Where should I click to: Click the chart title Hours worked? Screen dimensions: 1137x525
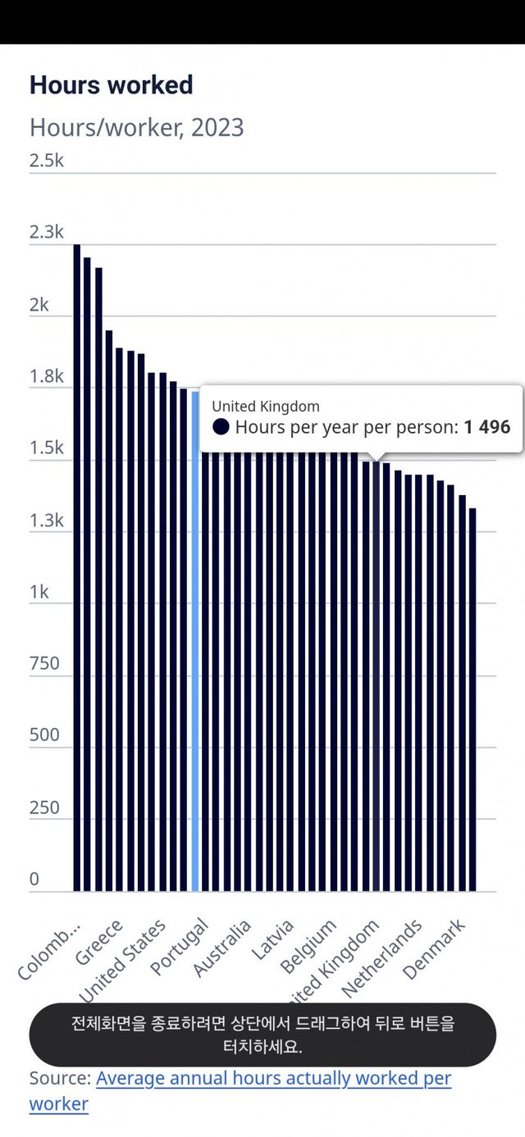pyautogui.click(x=111, y=85)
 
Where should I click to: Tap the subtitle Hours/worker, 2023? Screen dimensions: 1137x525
pyautogui.click(x=136, y=128)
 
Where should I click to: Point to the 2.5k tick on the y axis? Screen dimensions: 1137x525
pyautogui.click(x=46, y=161)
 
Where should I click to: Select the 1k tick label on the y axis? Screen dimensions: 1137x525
pyautogui.click(x=39, y=592)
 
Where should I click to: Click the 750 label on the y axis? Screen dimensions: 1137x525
pyautogui.click(x=44, y=663)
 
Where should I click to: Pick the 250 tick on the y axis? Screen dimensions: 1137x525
pyautogui.click(x=44, y=807)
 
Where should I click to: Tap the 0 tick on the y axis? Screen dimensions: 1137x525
pyautogui.click(x=34, y=880)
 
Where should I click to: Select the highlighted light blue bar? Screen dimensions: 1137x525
pyautogui.click(x=195, y=639)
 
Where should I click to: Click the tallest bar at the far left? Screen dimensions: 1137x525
pyautogui.click(x=76, y=566)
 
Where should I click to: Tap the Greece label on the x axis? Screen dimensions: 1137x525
pyautogui.click(x=100, y=943)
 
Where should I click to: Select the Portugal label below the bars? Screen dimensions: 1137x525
pyautogui.click(x=180, y=948)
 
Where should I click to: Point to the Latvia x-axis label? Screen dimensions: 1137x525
pyautogui.click(x=273, y=941)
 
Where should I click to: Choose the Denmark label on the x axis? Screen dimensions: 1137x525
pyautogui.click(x=435, y=950)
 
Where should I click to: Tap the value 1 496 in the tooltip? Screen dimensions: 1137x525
pyautogui.click(x=486, y=427)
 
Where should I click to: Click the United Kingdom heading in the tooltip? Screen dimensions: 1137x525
pyautogui.click(x=266, y=406)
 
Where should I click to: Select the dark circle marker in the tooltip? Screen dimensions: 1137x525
pyautogui.click(x=221, y=427)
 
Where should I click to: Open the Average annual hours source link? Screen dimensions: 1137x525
pyautogui.click(x=273, y=1079)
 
